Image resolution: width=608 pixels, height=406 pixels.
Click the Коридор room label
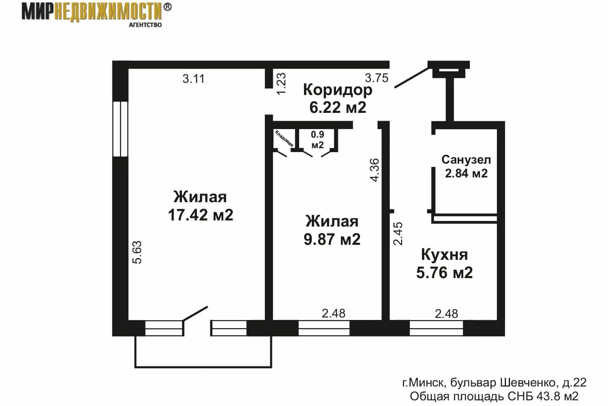click(338, 90)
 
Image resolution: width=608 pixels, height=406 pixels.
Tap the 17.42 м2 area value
click(201, 215)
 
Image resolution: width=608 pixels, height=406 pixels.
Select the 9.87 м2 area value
click(332, 239)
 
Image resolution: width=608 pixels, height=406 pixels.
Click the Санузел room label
click(466, 160)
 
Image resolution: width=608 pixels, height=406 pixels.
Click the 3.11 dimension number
click(193, 79)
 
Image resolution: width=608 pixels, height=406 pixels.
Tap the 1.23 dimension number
click(281, 84)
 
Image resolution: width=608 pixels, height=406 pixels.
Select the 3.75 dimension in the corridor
click(377, 78)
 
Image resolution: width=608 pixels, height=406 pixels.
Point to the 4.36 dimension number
click(375, 170)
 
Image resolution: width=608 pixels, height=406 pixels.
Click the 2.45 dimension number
click(398, 233)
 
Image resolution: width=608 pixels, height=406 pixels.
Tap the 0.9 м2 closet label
click(317, 140)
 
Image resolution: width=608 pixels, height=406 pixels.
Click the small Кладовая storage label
click(284, 138)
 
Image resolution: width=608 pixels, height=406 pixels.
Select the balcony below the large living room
click(203, 367)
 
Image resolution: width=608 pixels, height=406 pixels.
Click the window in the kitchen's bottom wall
click(436, 328)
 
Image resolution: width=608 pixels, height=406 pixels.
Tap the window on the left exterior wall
click(120, 129)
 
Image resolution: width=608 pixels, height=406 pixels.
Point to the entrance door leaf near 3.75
click(411, 78)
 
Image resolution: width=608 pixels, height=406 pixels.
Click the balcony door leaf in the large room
click(195, 313)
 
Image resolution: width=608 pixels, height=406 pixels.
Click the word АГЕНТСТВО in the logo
click(145, 25)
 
